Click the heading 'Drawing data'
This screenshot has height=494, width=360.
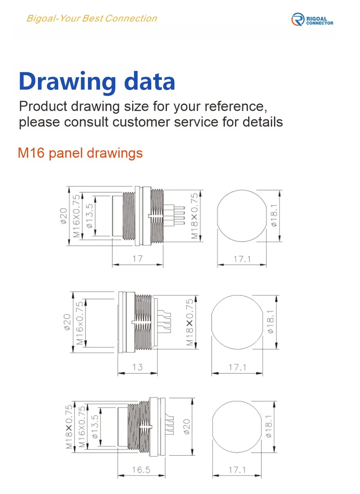pos(97,81)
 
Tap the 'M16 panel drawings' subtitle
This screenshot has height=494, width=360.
pos(81,153)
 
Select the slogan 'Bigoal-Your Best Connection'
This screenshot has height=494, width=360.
pos(92,18)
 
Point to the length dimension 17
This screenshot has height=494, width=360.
pos(137,259)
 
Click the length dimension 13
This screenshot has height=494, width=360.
pos(138,367)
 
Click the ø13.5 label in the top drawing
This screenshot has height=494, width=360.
pos(90,216)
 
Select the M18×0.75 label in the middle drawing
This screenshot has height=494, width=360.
pos(190,323)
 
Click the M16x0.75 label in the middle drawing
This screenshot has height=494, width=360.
pos(80,323)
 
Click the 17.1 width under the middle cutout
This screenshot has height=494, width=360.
pos(238,368)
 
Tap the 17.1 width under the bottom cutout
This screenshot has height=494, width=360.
pos(237,470)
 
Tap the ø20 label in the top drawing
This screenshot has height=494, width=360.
pos(64,216)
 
